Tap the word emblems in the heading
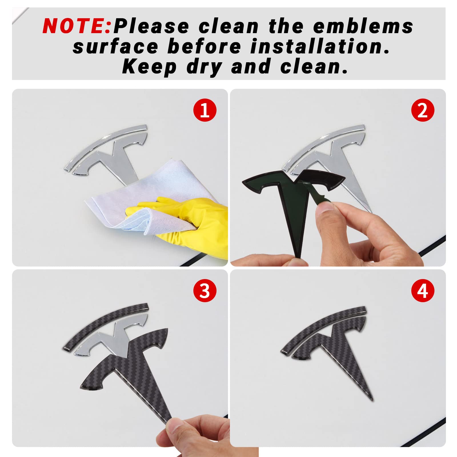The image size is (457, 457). (x=363, y=26)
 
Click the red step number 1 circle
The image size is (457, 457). (x=205, y=110)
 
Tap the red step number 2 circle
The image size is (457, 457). (x=423, y=110)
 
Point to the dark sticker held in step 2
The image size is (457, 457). (x=288, y=200)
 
